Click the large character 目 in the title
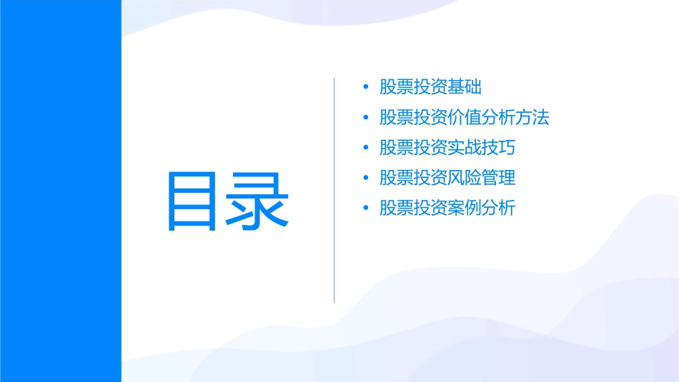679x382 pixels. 191,200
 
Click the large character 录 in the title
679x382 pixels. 259,200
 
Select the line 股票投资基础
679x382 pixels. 430,87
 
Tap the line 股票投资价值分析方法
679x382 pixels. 465,118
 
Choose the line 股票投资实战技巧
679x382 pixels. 447,148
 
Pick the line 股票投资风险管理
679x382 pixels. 447,178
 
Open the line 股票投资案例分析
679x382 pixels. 447,208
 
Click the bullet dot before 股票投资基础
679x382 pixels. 366,88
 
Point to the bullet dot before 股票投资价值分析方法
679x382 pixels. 366,118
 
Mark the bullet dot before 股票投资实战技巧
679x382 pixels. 366,148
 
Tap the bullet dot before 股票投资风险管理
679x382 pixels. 366,179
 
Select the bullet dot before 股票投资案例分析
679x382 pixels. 366,208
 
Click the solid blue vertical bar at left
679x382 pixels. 60,191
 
